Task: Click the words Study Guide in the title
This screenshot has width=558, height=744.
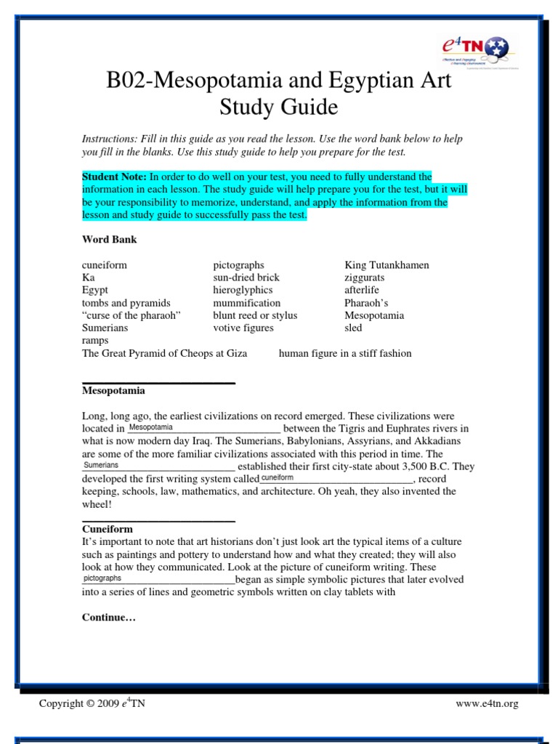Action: coord(279,108)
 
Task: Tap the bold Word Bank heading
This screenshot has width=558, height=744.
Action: coord(109,239)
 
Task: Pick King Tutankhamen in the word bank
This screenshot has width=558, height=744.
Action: coord(387,265)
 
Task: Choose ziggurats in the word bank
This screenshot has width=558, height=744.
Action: coord(365,278)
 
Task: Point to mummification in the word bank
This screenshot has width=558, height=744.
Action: coord(246,303)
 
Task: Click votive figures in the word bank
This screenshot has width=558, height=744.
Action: coord(243,328)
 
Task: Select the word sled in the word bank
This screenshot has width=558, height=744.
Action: coord(353,328)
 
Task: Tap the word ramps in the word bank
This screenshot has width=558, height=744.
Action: coord(95,340)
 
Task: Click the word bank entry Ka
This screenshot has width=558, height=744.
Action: coord(88,278)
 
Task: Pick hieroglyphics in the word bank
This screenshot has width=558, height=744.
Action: coord(243,290)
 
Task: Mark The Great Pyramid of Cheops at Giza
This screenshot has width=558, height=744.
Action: coord(164,353)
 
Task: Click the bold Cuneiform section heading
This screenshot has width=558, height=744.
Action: coord(107,529)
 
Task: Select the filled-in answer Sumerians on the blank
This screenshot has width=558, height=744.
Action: coord(101,465)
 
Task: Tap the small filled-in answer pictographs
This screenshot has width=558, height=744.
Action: coord(102,578)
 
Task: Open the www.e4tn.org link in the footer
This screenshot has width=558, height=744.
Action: coord(487,703)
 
